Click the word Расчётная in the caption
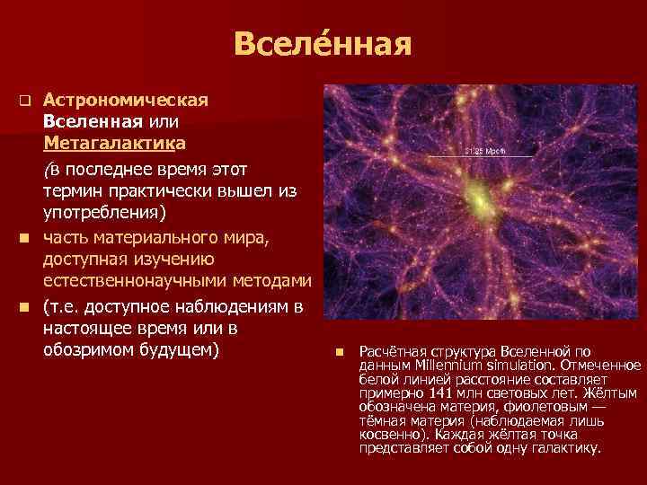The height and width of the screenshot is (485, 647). coord(387,351)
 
